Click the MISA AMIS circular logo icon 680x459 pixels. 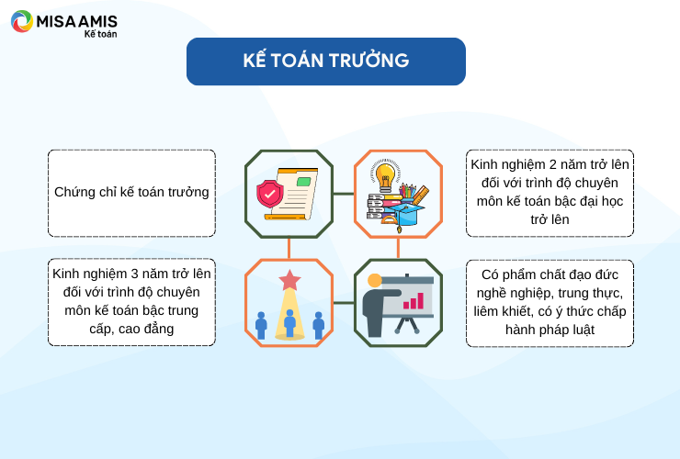coord(22,21)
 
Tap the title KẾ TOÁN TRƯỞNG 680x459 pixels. coord(326,61)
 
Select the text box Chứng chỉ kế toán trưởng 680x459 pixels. coord(131,194)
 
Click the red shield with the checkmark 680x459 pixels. coord(270,194)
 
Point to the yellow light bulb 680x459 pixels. coord(385,175)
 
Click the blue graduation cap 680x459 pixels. coord(404,215)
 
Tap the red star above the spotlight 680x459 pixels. coord(289,280)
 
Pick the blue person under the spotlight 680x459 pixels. coord(289,323)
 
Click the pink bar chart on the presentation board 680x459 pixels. coord(414,301)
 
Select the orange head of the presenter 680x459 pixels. coord(374,280)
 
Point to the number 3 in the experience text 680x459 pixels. coord(134,274)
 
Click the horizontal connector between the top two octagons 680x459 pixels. coord(344,194)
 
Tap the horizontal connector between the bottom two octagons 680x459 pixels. coord(344,303)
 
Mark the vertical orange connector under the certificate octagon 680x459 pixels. coord(289,249)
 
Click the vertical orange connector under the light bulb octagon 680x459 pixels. coord(398,249)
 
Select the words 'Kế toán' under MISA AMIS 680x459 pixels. coord(100,34)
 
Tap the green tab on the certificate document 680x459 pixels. coord(303,182)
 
